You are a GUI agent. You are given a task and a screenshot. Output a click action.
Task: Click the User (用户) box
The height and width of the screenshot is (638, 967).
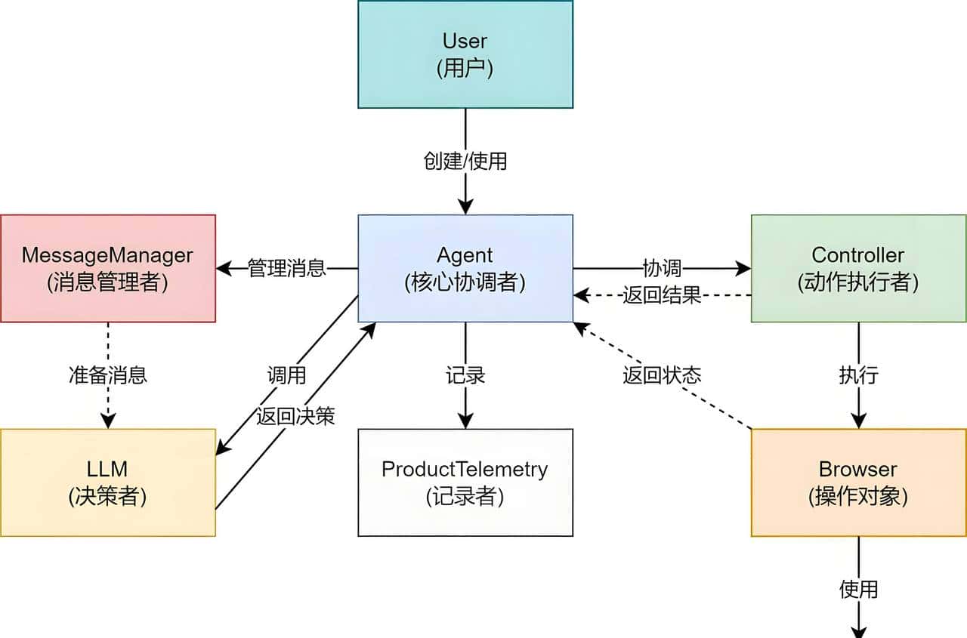465,54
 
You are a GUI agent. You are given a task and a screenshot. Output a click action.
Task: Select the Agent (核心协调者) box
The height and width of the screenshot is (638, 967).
465,268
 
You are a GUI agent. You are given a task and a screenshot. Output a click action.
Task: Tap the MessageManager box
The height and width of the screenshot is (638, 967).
107,268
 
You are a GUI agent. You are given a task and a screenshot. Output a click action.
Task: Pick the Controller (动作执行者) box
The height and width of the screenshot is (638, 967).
858,268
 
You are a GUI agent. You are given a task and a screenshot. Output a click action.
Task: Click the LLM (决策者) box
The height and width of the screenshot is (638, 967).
107,482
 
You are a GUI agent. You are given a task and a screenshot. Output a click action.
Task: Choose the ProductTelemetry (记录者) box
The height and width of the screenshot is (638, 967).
465,482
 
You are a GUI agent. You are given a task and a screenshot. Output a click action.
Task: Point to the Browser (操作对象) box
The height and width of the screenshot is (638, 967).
858,482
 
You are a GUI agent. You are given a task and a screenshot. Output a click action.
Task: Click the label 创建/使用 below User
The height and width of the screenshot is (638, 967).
465,161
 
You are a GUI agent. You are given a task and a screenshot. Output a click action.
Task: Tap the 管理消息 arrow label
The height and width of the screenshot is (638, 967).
287,268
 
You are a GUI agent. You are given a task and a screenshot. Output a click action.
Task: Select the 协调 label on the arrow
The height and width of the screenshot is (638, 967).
662,268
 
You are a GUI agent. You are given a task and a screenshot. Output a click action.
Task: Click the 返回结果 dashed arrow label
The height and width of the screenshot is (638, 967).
662,295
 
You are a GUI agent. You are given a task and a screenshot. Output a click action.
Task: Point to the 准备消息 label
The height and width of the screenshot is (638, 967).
107,375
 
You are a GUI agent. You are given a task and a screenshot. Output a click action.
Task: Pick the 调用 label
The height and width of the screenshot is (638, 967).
286,375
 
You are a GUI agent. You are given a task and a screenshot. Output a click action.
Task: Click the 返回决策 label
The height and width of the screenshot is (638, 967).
295,416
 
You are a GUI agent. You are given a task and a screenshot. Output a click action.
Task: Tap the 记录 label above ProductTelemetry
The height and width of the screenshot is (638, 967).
465,375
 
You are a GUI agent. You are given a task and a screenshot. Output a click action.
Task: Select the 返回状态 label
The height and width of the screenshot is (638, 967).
662,375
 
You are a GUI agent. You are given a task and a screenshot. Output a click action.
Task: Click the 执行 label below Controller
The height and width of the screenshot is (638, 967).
858,375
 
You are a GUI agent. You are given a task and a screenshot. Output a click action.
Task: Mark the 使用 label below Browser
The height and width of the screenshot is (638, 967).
858,589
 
